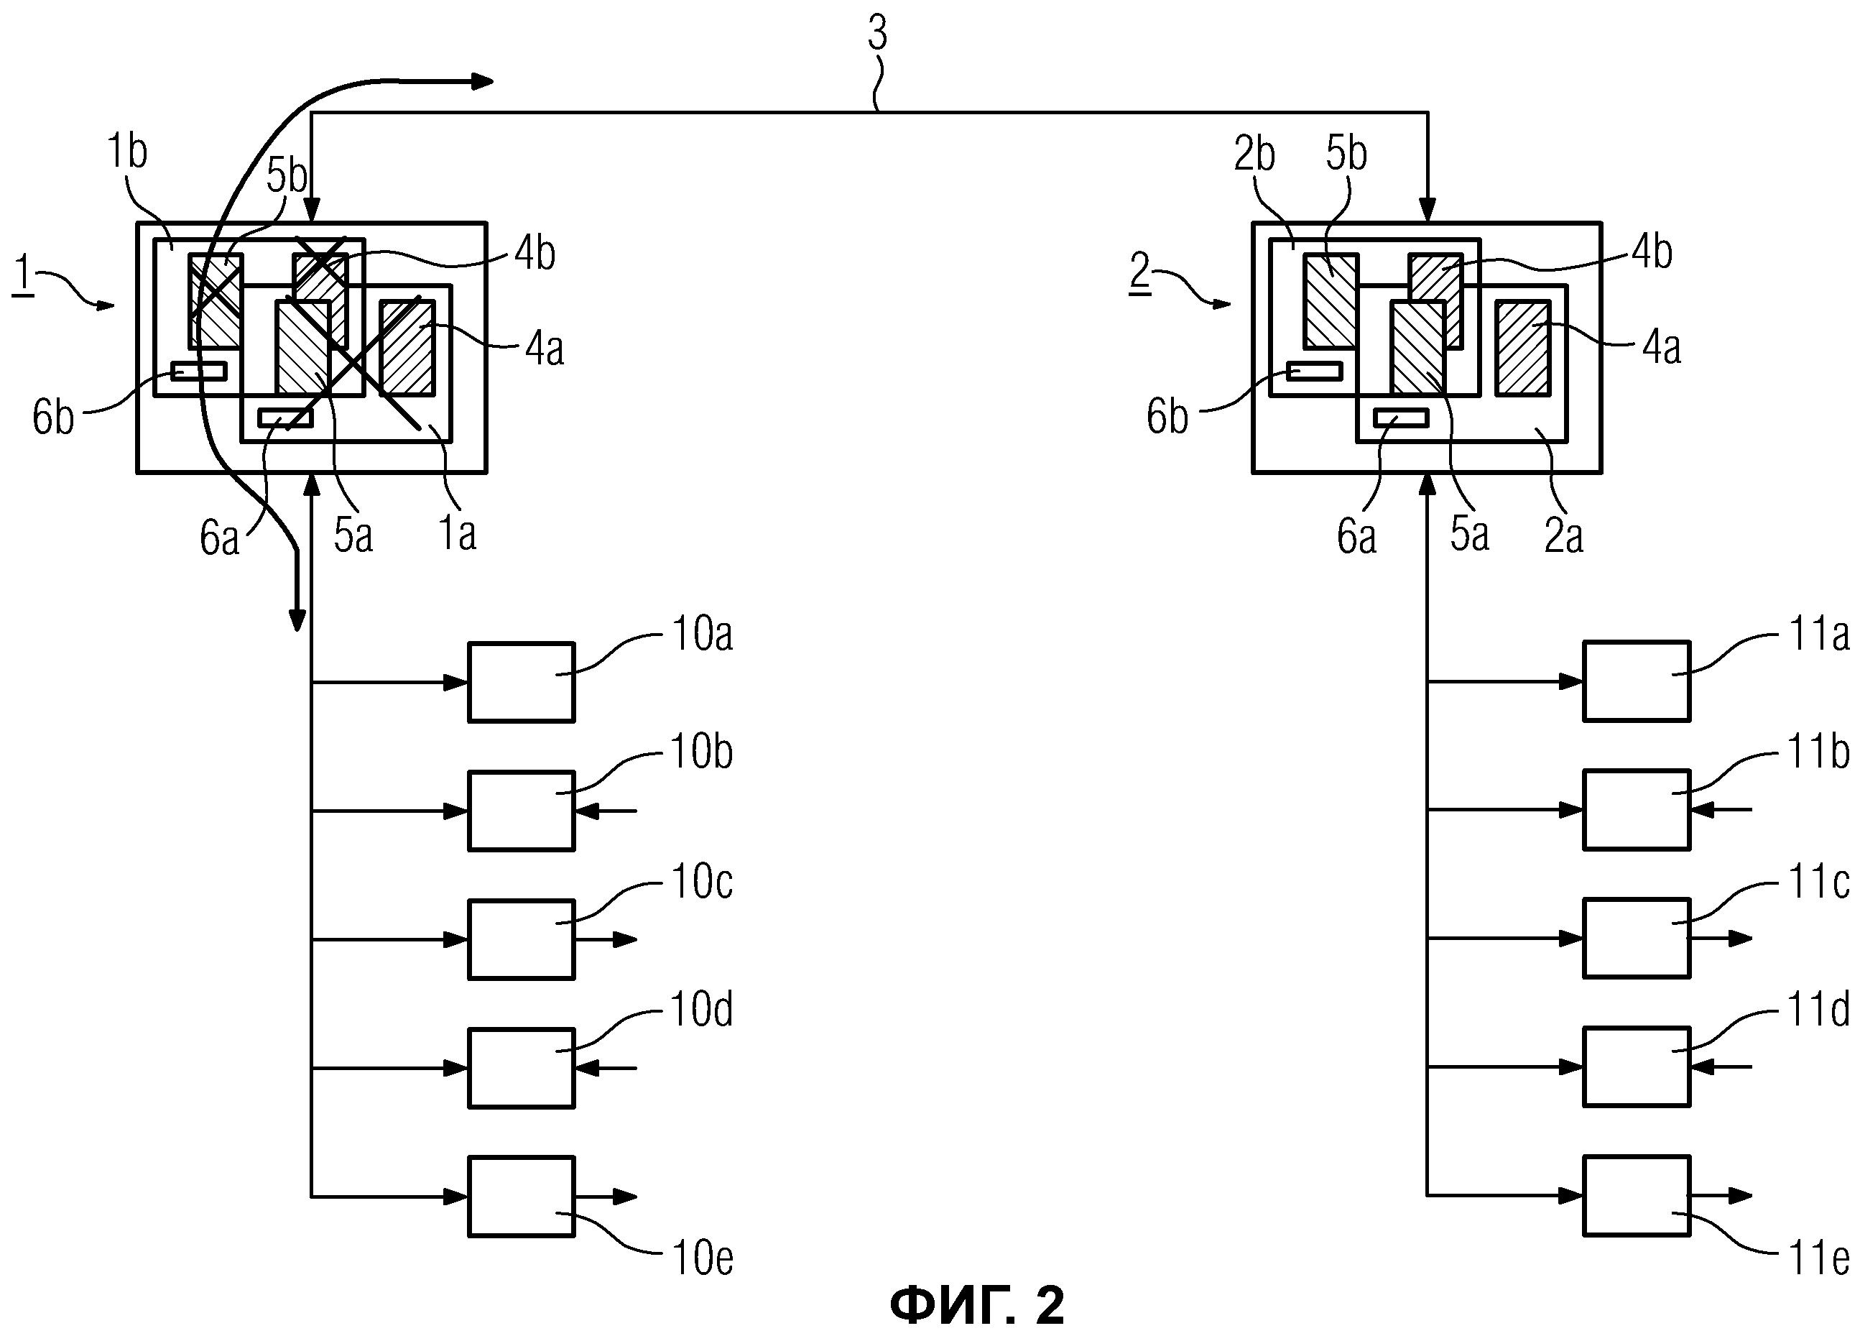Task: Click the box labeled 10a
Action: click(x=521, y=681)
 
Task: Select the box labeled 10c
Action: click(x=521, y=939)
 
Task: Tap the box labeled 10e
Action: click(x=521, y=1197)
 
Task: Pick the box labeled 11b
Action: click(x=1636, y=809)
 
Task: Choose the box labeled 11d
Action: click(x=1636, y=1067)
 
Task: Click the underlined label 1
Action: click(x=23, y=275)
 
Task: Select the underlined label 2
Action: click(x=1140, y=274)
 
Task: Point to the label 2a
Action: click(x=1563, y=535)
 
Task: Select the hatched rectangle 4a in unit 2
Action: click(x=1523, y=348)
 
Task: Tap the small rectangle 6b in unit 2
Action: click(x=1314, y=371)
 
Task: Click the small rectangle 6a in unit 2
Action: click(x=1401, y=418)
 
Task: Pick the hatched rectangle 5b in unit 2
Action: click(x=1331, y=301)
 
